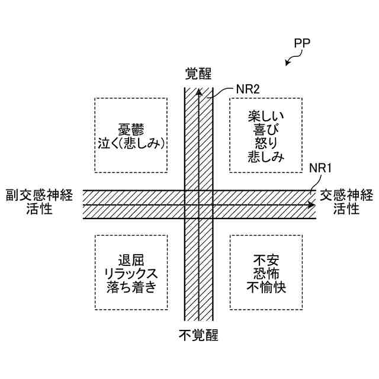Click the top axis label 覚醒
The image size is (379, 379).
point(198,73)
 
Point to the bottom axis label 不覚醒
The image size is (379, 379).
point(198,336)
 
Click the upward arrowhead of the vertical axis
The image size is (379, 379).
point(198,93)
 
